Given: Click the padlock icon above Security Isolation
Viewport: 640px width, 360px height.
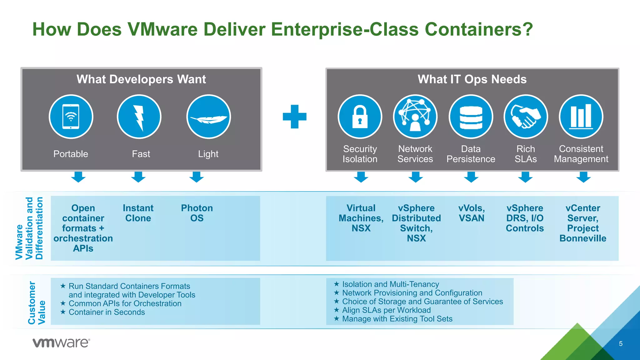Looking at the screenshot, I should [360, 117].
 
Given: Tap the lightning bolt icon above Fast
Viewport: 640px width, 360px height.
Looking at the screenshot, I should [139, 117].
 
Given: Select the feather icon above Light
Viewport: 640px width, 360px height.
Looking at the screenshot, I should [208, 117].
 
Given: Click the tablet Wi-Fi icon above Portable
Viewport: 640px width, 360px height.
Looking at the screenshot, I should [71, 117].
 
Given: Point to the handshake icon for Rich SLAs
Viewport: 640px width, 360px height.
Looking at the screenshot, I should [526, 117].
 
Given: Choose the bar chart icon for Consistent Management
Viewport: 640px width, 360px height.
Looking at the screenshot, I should [581, 117].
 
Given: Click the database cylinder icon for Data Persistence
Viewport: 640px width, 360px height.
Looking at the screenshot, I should [471, 117].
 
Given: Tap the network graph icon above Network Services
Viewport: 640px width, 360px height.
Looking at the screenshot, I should [415, 117].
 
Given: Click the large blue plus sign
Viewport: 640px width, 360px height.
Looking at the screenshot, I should [294, 117].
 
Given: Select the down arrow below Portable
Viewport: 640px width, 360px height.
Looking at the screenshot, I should [78, 177].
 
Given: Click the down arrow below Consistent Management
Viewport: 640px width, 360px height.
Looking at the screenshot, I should [583, 177].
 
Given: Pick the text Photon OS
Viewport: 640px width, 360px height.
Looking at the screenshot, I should [197, 213].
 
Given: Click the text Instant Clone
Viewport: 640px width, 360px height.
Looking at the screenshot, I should [138, 213].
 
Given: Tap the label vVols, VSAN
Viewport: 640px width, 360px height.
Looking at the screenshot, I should [471, 213].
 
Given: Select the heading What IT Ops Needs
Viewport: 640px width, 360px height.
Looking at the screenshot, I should [472, 79].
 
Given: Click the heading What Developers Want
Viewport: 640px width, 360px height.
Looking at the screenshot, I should [141, 79].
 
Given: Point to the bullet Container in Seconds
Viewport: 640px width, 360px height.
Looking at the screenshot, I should [107, 312].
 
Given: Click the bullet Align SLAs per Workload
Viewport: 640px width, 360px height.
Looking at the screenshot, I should [386, 310].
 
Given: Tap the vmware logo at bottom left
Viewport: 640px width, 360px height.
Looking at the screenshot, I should [61, 343].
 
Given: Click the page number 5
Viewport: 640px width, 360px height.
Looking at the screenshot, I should [621, 344].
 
